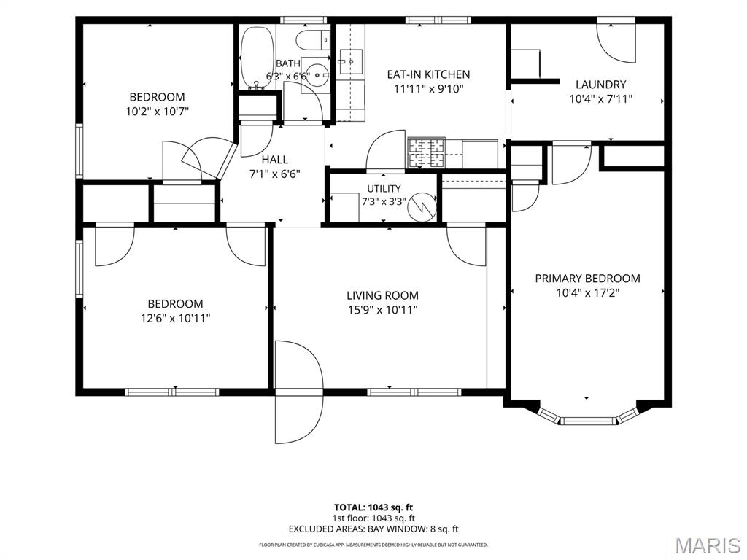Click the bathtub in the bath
(x=258, y=58)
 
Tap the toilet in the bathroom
(x=313, y=40)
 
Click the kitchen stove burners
(x=426, y=153)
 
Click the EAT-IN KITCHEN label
(x=428, y=74)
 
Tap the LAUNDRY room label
(x=601, y=85)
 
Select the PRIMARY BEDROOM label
(x=587, y=278)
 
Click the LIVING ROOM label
(x=382, y=295)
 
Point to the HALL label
(x=275, y=160)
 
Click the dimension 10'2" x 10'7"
(x=158, y=112)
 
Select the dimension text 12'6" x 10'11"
(x=175, y=318)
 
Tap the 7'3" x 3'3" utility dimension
(x=384, y=201)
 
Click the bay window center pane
(x=588, y=421)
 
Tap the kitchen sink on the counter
(x=350, y=63)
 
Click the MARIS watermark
(x=708, y=545)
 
